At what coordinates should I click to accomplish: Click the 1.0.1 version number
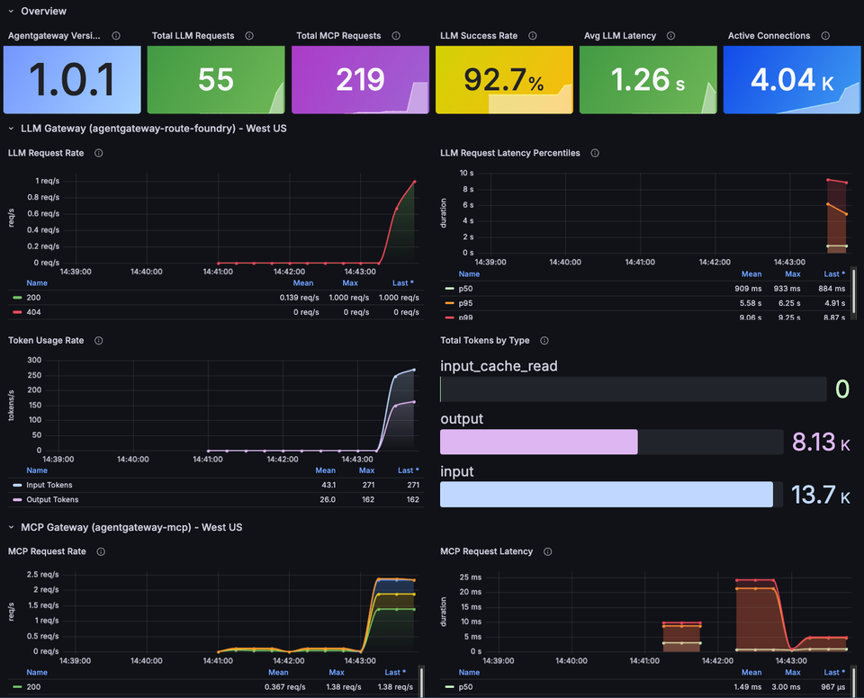(72, 80)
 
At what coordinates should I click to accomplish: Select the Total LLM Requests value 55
(216, 80)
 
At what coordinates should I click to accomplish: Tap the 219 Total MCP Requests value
(360, 80)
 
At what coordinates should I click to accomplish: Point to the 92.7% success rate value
(504, 80)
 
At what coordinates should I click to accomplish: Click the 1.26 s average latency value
(648, 80)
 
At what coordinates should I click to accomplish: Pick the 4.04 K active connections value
(792, 80)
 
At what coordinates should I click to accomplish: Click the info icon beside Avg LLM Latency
(677, 36)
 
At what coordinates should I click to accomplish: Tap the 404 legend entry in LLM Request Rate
(34, 311)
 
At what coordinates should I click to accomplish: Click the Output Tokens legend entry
(51, 499)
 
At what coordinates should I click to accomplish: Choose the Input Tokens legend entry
(49, 485)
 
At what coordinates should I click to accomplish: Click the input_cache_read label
(499, 366)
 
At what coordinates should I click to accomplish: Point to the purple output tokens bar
(538, 442)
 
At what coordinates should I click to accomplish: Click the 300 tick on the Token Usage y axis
(35, 360)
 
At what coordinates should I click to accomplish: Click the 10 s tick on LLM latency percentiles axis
(466, 173)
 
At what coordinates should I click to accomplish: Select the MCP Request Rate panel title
(47, 551)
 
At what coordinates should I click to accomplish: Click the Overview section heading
(43, 11)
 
